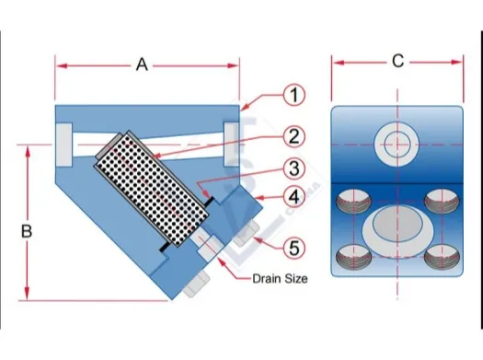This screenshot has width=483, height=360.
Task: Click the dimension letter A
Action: (x=142, y=65)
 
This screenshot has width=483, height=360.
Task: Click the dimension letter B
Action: (x=27, y=231)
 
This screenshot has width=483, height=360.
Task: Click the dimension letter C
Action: (x=398, y=61)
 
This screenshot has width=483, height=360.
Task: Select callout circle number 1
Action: (x=294, y=95)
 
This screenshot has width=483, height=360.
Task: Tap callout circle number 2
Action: (x=294, y=136)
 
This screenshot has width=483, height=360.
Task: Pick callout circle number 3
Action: (x=294, y=168)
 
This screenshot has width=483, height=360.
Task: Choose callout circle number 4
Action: (x=294, y=197)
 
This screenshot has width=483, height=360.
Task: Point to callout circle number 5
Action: (x=294, y=248)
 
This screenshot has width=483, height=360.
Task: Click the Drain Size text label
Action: (x=280, y=279)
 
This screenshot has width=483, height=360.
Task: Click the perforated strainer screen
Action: (x=152, y=191)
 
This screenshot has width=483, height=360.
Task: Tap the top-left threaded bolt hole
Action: (x=353, y=202)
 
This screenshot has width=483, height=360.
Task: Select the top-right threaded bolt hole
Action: (x=442, y=202)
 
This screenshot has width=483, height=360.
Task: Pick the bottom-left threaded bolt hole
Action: (x=353, y=257)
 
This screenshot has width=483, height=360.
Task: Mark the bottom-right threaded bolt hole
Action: (x=442, y=257)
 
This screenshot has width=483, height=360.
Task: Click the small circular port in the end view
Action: (x=397, y=144)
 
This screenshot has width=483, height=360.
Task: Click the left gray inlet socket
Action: (x=64, y=145)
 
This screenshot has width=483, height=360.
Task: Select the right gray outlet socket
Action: (x=231, y=144)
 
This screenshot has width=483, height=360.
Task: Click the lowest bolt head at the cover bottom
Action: (x=197, y=285)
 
